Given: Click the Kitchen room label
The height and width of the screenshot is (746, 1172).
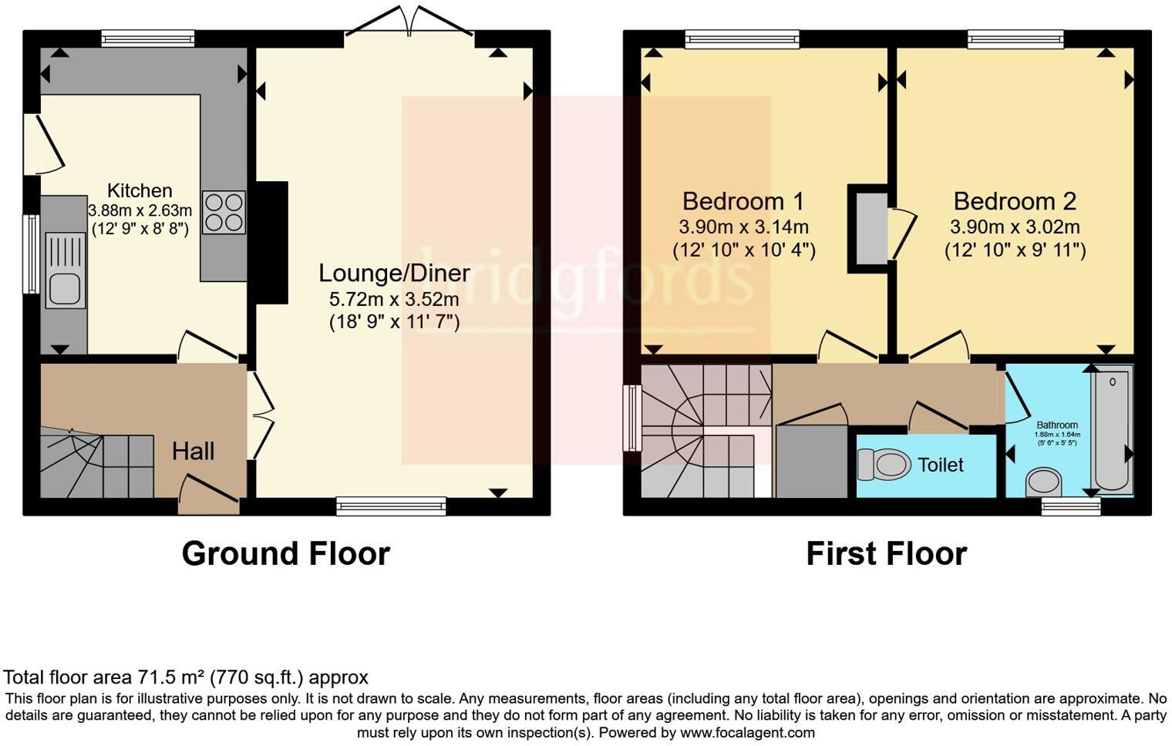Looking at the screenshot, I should [x=140, y=190].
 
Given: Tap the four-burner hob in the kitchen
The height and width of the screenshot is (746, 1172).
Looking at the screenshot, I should [x=224, y=212].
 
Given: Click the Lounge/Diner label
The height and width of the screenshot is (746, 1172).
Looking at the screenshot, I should [x=394, y=273].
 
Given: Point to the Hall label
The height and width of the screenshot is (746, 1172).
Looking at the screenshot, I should [x=193, y=451].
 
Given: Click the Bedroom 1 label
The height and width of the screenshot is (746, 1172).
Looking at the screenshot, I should [x=743, y=201].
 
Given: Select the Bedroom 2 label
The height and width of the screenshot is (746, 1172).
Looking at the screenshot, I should [x=1014, y=201].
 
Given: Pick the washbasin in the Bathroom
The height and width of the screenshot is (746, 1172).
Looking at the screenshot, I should [x=1043, y=483].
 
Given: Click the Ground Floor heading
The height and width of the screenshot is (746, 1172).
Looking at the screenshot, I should [x=285, y=553].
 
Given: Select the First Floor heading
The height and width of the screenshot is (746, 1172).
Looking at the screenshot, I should [x=886, y=553].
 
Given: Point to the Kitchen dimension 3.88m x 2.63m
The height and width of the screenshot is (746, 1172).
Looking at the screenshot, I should [x=140, y=210].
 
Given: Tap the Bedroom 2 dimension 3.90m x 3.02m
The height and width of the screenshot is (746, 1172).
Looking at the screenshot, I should [x=1014, y=227].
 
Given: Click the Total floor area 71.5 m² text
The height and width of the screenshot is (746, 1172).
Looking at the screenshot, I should [x=186, y=677].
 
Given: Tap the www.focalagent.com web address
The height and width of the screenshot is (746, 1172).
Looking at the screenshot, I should [x=747, y=733].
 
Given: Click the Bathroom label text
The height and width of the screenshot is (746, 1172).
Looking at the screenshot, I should [x=1056, y=425].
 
